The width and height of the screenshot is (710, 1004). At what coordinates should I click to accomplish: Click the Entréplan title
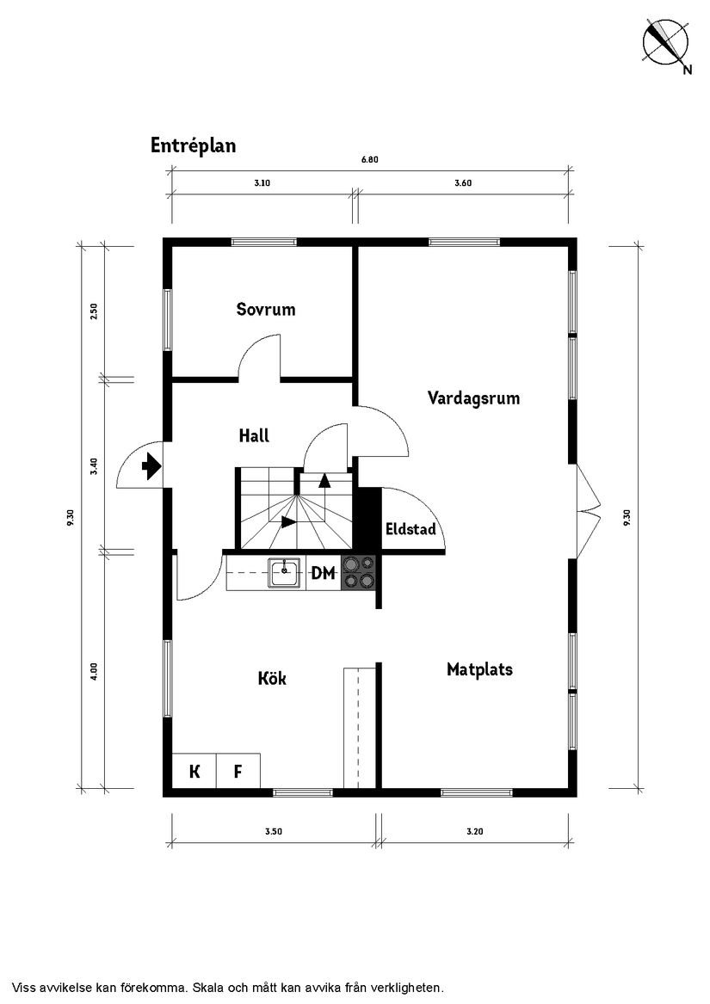pos(193,145)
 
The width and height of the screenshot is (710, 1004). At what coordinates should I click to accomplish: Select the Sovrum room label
pos(266,310)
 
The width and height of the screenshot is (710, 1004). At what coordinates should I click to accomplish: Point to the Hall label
pos(254,436)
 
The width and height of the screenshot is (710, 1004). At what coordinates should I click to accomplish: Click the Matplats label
pos(479,669)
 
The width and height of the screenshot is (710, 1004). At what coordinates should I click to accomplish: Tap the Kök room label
pos(272,679)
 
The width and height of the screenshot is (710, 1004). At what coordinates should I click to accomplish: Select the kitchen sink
pos(284,572)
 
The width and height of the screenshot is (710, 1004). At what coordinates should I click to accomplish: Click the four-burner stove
pos(359,573)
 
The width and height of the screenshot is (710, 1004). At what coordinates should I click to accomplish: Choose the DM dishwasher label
pos(323,574)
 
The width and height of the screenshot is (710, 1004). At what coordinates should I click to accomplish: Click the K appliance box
pos(194,772)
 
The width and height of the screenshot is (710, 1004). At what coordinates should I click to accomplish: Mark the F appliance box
pos(238,772)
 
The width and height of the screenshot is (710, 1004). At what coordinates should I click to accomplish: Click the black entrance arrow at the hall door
pos(151,467)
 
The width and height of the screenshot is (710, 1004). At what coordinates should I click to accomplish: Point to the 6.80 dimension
pos(369,159)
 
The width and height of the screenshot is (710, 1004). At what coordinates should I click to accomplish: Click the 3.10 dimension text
pos(262,183)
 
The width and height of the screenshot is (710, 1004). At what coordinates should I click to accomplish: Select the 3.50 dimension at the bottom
pos(274,831)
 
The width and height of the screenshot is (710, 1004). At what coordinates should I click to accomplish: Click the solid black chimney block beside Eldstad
pos(368,520)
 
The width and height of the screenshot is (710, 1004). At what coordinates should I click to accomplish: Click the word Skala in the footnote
pos(212,988)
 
